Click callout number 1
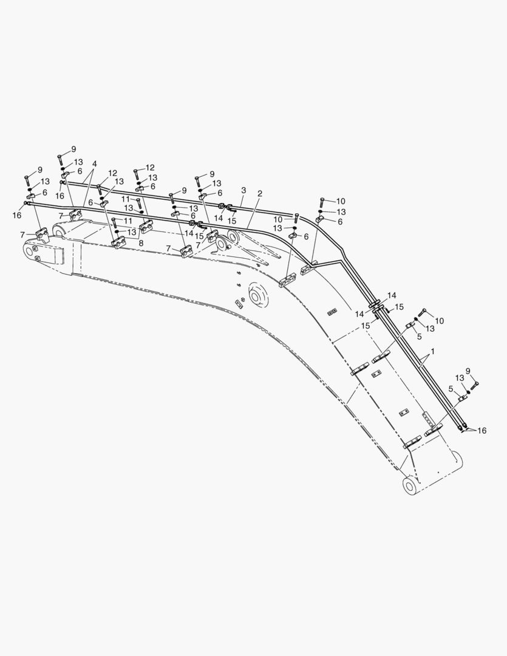pyautogui.click(x=432, y=352)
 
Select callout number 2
pyautogui.click(x=260, y=193)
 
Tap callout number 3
pyautogui.click(x=244, y=190)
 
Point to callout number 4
pyautogui.click(x=95, y=163)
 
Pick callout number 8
pyautogui.click(x=141, y=242)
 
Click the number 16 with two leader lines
pyautogui.click(x=482, y=431)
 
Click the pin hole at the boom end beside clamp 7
pyautogui.click(x=30, y=251)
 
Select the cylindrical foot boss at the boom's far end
pyautogui.click(x=410, y=486)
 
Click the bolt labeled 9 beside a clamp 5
pyautogui.click(x=475, y=384)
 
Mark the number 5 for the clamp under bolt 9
pyautogui.click(x=451, y=389)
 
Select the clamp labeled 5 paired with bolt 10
pyautogui.click(x=409, y=326)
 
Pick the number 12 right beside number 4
pyautogui.click(x=112, y=173)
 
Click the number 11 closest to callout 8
pyautogui.click(x=128, y=220)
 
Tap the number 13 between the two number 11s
pyautogui.click(x=129, y=208)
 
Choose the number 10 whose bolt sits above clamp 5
pyautogui.click(x=439, y=321)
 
